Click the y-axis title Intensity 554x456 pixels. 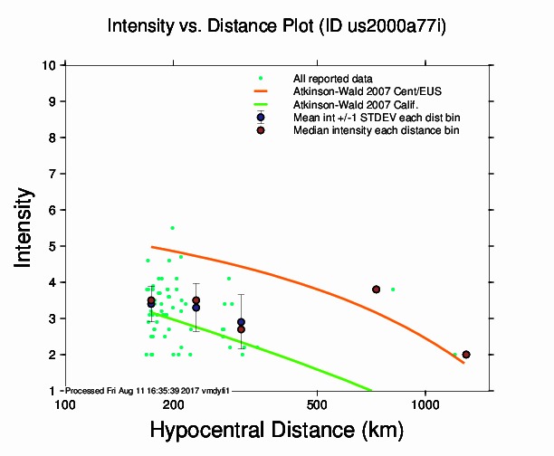coord(26,227)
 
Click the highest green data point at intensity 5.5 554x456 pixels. coord(172,228)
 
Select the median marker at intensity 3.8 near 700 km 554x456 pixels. coord(376,290)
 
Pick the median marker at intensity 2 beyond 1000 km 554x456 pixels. coord(466,355)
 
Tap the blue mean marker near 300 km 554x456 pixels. coord(241,322)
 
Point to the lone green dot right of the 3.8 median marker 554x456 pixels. coord(393,290)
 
